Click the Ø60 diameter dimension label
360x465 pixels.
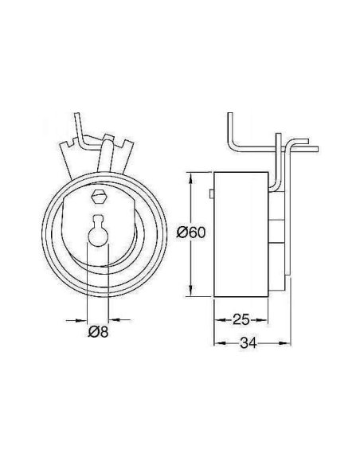190,232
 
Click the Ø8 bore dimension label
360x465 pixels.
98,331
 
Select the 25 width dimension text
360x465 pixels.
241,319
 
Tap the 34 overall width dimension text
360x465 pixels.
248,343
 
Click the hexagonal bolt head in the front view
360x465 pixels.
99,197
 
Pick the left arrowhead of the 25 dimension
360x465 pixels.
220,320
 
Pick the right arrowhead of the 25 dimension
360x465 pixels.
262,320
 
